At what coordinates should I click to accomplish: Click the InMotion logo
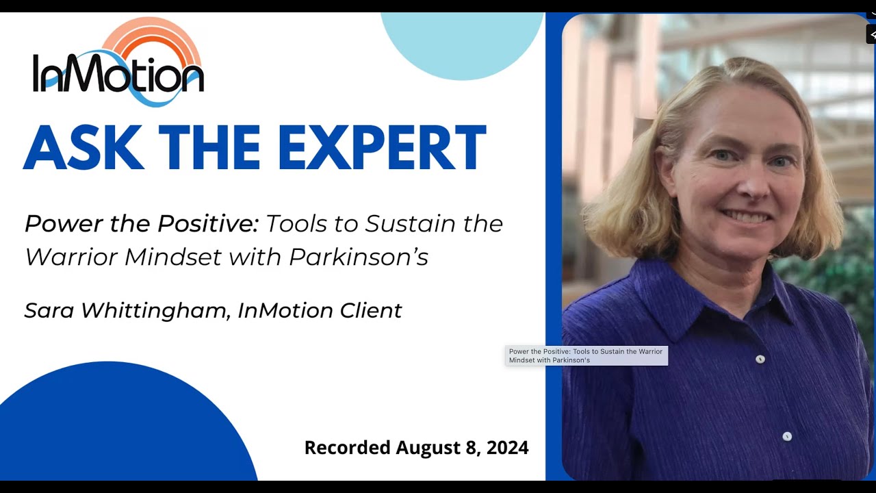pyautogui.click(x=118, y=65)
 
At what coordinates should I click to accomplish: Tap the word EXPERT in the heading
pyautogui.click(x=381, y=148)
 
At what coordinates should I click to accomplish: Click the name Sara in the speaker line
pyautogui.click(x=49, y=310)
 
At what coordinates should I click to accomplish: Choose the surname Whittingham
pyautogui.click(x=154, y=311)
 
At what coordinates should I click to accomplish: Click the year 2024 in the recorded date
pyautogui.click(x=507, y=448)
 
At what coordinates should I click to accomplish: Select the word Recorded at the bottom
pyautogui.click(x=347, y=448)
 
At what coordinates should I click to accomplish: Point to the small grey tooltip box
pyautogui.click(x=586, y=355)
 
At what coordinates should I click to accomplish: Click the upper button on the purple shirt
pyautogui.click(x=760, y=359)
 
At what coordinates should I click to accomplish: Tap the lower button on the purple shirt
pyautogui.click(x=787, y=436)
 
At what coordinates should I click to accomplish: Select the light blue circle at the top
pyautogui.click(x=462, y=41)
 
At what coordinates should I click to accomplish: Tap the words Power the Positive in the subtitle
pyautogui.click(x=140, y=223)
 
